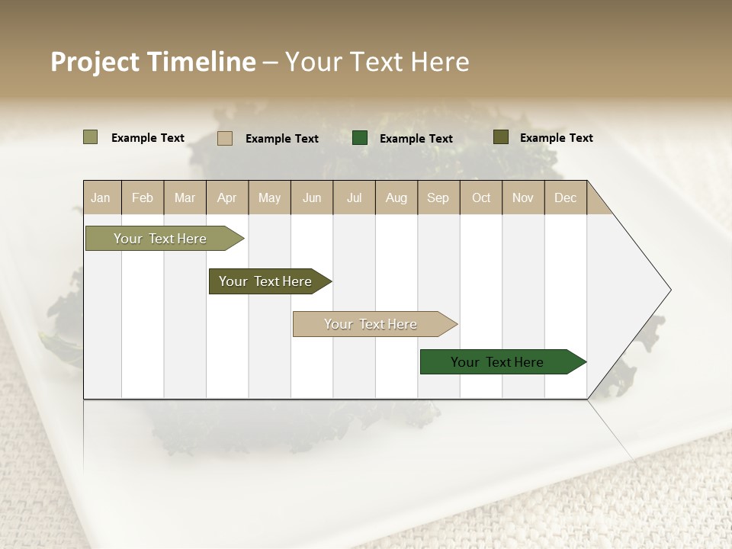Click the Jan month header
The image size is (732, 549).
(101, 197)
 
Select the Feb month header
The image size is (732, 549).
(143, 197)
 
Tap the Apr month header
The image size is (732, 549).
(227, 197)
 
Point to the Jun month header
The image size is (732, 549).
(312, 197)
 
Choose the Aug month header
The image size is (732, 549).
(396, 197)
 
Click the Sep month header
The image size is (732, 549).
(438, 197)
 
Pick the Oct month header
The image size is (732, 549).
(481, 197)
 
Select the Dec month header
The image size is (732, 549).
(566, 197)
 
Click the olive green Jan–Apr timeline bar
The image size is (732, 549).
(160, 239)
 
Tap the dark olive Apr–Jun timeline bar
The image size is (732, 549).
(265, 281)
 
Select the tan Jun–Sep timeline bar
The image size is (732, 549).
(371, 324)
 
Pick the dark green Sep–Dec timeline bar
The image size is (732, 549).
(497, 362)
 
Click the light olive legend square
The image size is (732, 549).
(90, 137)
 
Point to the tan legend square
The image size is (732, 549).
(224, 138)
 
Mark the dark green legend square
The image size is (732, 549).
(360, 138)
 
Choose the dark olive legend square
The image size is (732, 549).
(500, 137)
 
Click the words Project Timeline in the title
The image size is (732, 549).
(152, 62)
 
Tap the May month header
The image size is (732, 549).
(269, 197)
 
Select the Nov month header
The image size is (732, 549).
(523, 197)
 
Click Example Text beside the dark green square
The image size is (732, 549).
(416, 139)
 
